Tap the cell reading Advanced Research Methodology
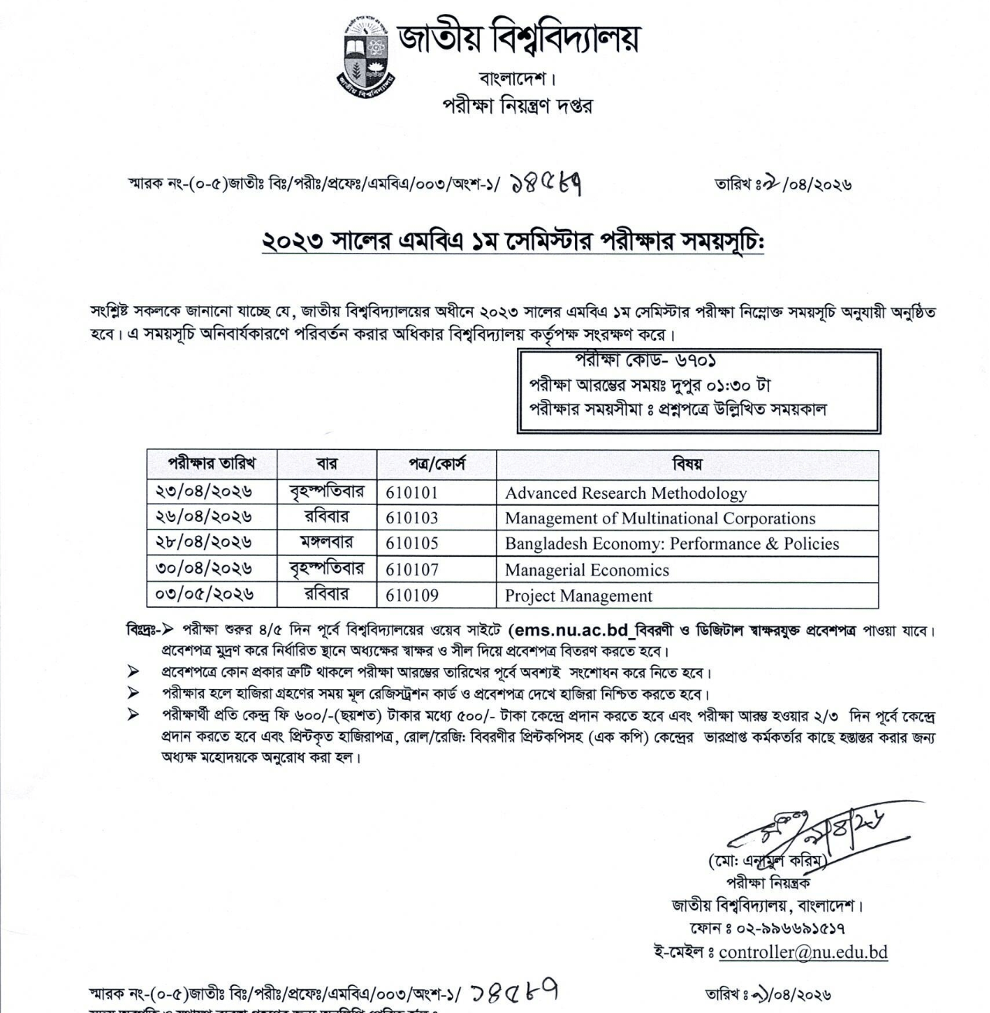pyautogui.click(x=625, y=493)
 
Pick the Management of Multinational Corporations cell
pyautogui.click(x=660, y=518)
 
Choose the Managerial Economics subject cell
pyautogui.click(x=587, y=571)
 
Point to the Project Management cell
pyautogui.click(x=578, y=596)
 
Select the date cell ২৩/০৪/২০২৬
pyautogui.click(x=204, y=492)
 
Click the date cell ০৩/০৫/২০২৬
pyautogui.click(x=204, y=595)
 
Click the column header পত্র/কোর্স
pyautogui.click(x=437, y=465)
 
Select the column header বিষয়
pyautogui.click(x=687, y=465)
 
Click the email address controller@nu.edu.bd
pyautogui.click(x=803, y=953)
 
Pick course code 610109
pyautogui.click(x=412, y=595)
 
